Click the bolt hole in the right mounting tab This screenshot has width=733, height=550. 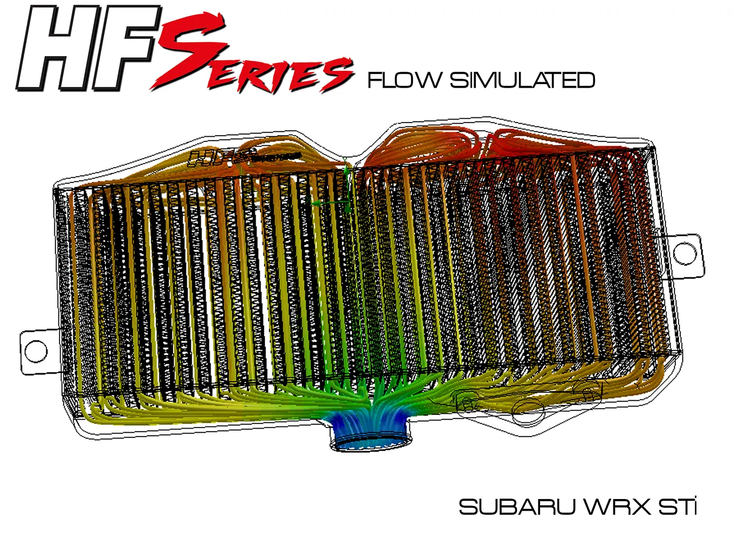[x=684, y=252]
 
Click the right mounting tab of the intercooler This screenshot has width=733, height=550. [x=684, y=252]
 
